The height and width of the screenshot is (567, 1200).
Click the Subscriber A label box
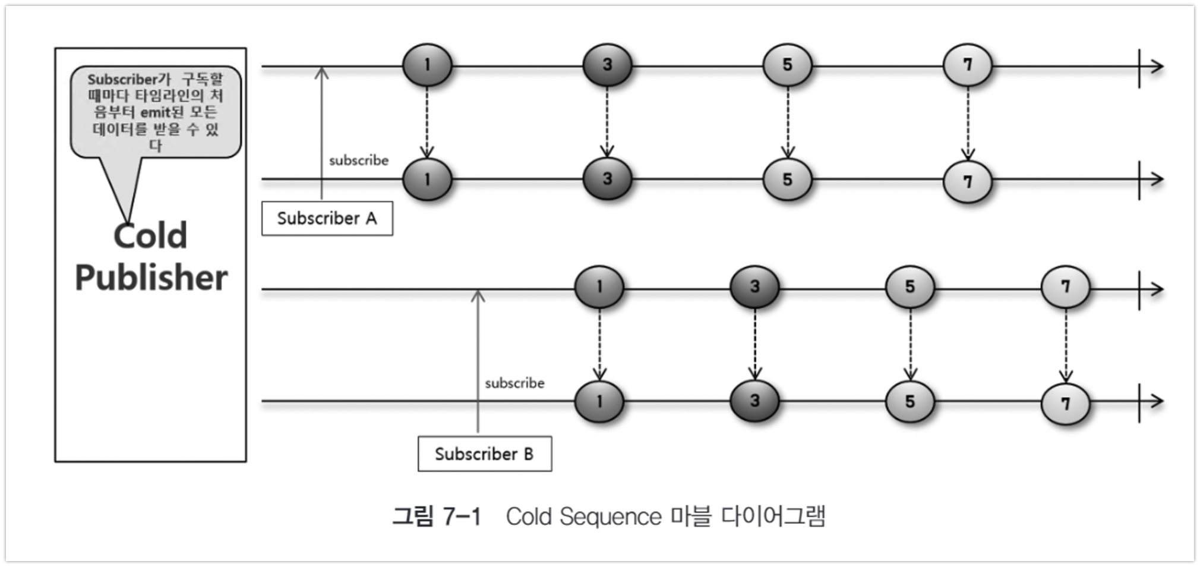pos(327,219)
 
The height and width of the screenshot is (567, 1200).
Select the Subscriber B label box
pos(484,454)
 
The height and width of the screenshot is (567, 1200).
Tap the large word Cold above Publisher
pos(151,235)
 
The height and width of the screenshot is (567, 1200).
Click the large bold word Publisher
pos(151,278)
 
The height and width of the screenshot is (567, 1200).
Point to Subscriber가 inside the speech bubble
pos(128,79)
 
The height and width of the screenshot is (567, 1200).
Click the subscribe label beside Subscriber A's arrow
pos(359,160)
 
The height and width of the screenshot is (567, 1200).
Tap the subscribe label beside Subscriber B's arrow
pos(514,383)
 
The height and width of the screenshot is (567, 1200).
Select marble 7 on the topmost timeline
pos(967,65)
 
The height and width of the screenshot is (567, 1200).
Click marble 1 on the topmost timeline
pos(427,65)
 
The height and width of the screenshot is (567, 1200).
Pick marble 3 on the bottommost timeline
pos(754,401)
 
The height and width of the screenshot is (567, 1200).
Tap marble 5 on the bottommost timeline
pos(910,402)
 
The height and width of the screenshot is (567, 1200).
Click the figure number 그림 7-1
pos(437,516)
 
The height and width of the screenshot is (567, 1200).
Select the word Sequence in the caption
pos(610,516)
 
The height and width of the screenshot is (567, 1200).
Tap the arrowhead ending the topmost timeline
pos(1156,67)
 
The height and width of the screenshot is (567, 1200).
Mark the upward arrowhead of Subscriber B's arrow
pos(478,295)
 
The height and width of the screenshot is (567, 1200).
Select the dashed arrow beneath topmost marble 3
pos(607,122)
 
